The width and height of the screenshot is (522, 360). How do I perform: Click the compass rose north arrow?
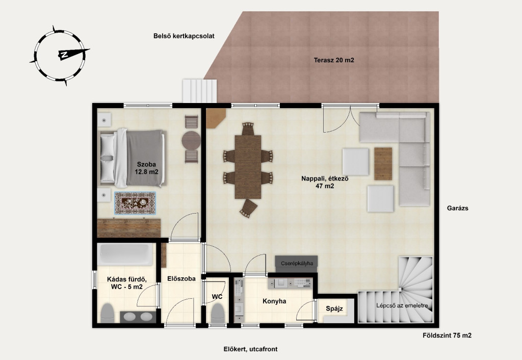coord(74,53)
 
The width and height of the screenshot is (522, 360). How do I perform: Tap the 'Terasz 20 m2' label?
coord(334,60)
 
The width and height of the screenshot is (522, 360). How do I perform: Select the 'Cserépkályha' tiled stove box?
coord(296,264)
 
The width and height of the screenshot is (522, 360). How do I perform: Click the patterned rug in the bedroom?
coord(135,203)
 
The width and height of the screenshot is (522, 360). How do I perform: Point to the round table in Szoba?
coord(191,140)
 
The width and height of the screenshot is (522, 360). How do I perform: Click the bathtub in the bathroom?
coord(125,254)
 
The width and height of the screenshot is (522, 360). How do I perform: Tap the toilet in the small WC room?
coord(217,313)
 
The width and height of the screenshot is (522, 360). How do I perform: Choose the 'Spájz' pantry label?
coord(334,308)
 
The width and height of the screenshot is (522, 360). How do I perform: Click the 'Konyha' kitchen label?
coord(274,301)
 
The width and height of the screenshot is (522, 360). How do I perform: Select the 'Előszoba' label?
coord(181,279)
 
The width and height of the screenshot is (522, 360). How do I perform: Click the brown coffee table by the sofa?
coord(383,164)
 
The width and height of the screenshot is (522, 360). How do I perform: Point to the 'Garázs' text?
coord(458,208)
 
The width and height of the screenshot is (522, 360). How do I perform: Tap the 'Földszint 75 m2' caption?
coord(447,336)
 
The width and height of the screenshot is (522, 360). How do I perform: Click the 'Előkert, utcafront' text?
coord(250,349)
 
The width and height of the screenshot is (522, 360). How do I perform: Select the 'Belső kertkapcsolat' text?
coord(184,36)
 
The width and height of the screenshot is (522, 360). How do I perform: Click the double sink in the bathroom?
coord(138,317)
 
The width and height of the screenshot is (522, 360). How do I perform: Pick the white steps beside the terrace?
coord(199,91)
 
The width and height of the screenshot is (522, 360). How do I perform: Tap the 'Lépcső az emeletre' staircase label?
coord(402,305)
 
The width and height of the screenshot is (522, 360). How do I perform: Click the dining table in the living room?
coord(248,167)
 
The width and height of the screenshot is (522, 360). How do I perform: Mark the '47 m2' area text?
coord(325,186)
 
